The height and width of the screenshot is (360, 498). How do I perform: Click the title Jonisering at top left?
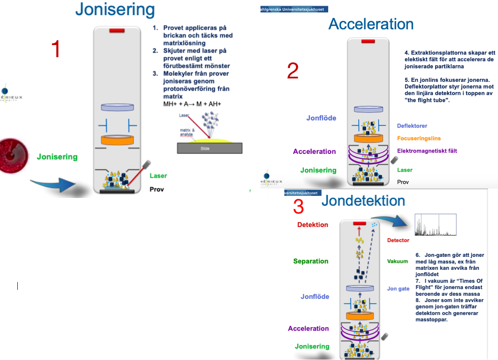(115, 10)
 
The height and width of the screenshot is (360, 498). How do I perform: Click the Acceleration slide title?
(371, 24)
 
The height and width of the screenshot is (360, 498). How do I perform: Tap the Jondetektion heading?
(363, 201)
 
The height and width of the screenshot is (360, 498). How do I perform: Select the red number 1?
(55, 49)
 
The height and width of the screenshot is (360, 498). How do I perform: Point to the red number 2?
(293, 71)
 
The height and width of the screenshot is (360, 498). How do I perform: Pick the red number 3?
(299, 207)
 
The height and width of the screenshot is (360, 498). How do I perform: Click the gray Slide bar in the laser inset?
(209, 148)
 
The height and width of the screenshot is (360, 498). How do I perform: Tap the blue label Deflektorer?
(412, 126)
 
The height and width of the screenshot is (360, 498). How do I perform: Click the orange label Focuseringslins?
(419, 139)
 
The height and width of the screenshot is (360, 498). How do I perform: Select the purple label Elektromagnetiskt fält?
(427, 151)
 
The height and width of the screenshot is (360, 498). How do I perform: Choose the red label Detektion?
(312, 225)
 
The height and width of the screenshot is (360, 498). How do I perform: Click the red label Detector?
(398, 240)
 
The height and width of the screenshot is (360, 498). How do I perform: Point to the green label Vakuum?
(397, 261)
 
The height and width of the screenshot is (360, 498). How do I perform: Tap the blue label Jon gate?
(398, 289)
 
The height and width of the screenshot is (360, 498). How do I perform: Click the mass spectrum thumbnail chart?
(435, 224)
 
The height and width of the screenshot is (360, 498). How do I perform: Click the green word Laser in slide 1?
(158, 176)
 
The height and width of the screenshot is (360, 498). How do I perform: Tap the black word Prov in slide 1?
(157, 189)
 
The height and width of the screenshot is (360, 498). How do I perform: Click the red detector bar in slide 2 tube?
(368, 41)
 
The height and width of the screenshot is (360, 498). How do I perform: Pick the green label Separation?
(311, 261)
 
